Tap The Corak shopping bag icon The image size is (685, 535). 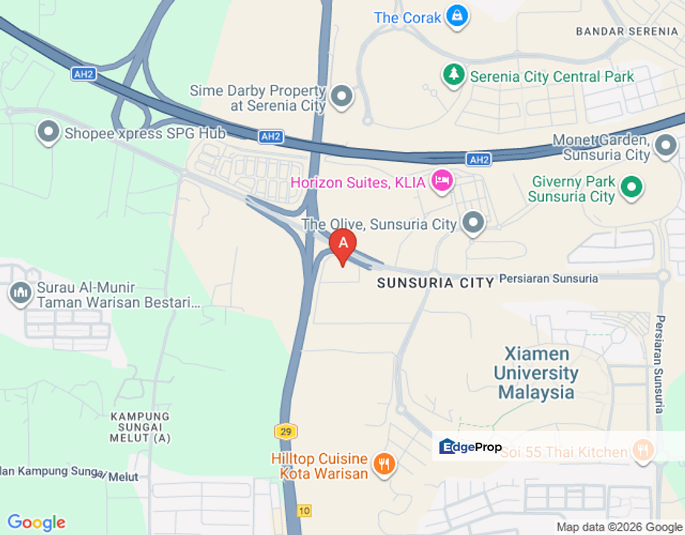458,16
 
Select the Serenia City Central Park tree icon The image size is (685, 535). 452,75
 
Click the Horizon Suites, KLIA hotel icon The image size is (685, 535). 443,181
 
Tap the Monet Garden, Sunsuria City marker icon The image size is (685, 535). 666,145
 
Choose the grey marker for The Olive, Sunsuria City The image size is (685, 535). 473,222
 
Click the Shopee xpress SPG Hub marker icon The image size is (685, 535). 48,133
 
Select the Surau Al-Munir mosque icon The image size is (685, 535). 19,293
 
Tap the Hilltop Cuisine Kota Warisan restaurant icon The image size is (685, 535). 384,464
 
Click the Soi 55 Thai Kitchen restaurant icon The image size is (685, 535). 643,450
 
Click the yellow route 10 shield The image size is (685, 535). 305,510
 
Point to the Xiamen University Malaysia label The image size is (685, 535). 536,373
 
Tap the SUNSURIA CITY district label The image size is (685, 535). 435,282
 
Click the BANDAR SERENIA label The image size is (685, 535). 627,31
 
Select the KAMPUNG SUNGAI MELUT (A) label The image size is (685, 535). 140,427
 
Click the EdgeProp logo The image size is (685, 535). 471,447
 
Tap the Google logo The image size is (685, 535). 36,523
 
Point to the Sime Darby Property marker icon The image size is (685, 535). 342,95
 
